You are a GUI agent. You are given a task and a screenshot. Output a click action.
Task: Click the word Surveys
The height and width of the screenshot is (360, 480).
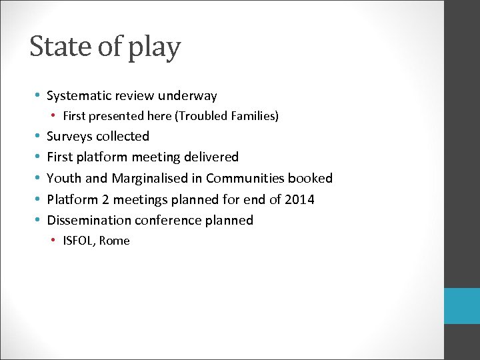(x=69, y=137)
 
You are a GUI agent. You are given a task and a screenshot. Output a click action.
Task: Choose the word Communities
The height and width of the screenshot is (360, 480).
(x=245, y=178)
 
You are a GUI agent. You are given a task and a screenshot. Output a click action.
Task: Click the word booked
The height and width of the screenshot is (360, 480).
(x=310, y=178)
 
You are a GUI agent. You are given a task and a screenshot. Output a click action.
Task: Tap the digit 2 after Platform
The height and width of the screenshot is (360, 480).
(x=102, y=199)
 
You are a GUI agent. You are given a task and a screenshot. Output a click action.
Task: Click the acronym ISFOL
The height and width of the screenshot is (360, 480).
(x=79, y=241)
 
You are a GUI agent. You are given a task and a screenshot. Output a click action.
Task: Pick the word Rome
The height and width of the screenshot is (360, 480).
(x=115, y=241)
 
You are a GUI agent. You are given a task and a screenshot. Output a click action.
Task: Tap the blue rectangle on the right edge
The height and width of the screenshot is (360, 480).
(x=462, y=306)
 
